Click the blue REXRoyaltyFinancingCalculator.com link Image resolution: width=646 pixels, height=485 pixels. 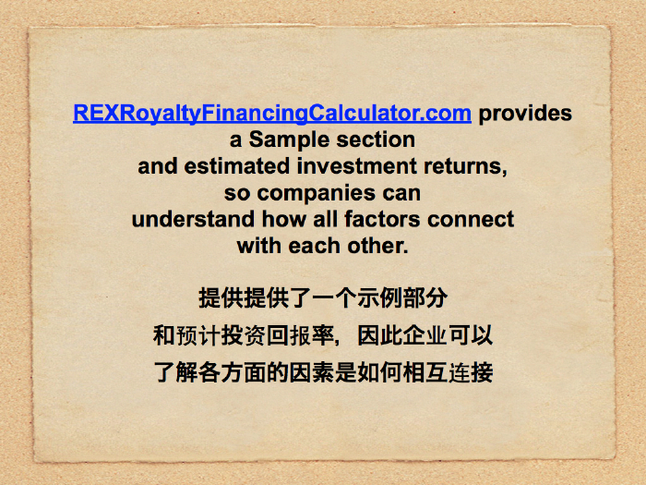click(x=272, y=114)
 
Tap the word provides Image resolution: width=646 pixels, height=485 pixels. click(x=525, y=114)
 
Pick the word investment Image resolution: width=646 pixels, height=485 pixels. click(x=356, y=166)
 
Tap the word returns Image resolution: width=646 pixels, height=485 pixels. click(x=463, y=166)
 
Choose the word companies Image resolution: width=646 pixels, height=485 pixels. click(x=317, y=193)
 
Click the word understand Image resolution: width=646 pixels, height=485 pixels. click(x=193, y=219)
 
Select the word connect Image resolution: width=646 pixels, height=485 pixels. click(x=471, y=220)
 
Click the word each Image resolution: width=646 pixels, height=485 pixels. click(x=315, y=246)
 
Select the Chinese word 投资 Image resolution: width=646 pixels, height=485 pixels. click(x=243, y=335)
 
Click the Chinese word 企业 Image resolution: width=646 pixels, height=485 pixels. click(x=425, y=335)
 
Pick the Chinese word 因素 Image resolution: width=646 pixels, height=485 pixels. click(x=312, y=372)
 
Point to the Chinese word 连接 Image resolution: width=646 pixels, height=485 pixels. click(x=471, y=372)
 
